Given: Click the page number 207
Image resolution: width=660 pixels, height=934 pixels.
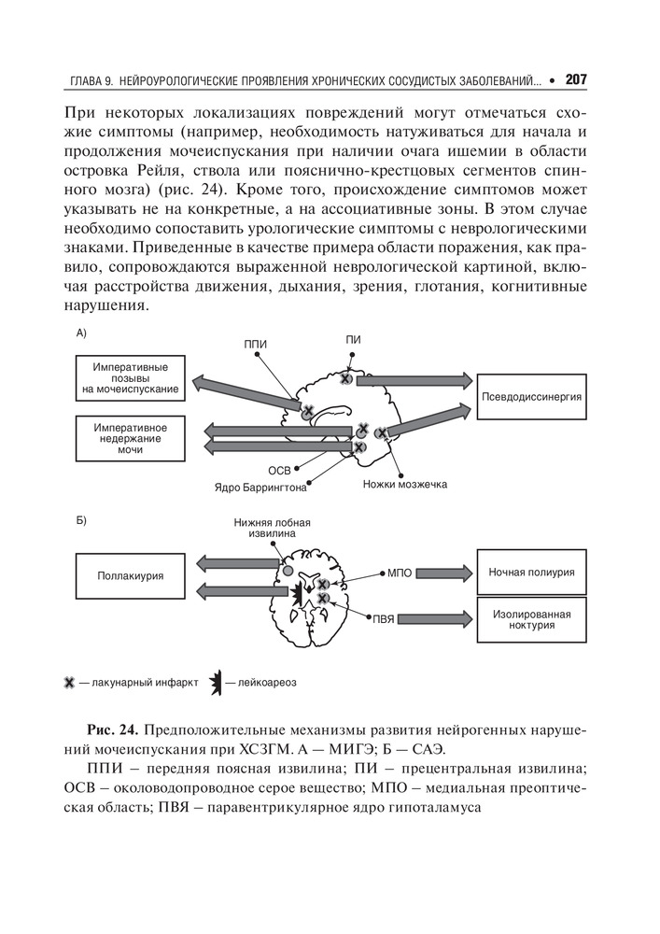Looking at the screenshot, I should tap(576, 80).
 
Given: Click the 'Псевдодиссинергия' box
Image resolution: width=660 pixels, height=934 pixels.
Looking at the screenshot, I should tap(532, 396).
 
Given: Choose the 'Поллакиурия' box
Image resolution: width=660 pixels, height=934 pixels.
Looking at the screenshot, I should tap(130, 575).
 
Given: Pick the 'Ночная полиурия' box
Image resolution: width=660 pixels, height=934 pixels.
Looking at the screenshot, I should tap(531, 571).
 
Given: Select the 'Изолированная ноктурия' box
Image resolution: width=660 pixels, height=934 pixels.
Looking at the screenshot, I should tap(531, 618).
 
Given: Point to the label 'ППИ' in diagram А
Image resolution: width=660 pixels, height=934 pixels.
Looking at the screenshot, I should tap(255, 345).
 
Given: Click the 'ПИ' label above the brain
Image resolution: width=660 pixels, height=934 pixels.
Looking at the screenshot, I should tap(352, 339).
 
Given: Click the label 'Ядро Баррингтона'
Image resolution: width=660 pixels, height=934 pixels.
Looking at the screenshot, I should tap(260, 487).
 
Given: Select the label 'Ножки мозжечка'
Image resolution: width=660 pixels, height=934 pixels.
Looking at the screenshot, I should tap(405, 485).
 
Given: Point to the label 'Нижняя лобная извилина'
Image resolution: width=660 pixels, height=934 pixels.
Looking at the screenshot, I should tap(272, 528).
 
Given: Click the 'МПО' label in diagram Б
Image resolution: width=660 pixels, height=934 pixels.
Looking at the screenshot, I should tap(399, 572).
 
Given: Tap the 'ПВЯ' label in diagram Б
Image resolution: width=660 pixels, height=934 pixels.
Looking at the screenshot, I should tap(385, 618).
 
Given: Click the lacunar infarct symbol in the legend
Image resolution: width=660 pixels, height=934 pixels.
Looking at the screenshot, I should tap(68, 682).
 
